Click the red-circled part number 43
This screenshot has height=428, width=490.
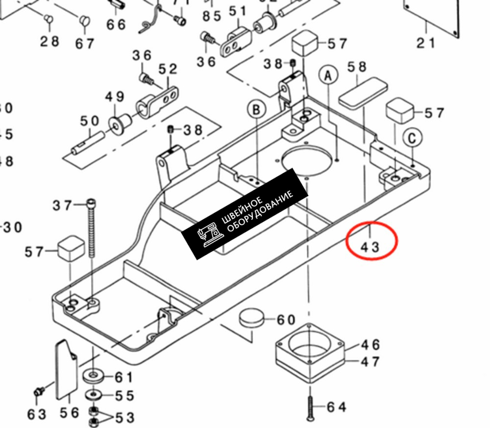pos(371,247)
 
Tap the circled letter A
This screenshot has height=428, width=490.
pos(328,76)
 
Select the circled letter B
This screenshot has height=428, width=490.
pos(256,109)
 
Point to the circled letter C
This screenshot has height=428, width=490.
pos(412,139)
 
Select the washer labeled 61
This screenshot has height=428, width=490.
pos(93,376)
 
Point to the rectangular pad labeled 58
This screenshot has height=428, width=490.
pos(363,91)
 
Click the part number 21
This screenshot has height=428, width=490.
pos(425,43)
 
